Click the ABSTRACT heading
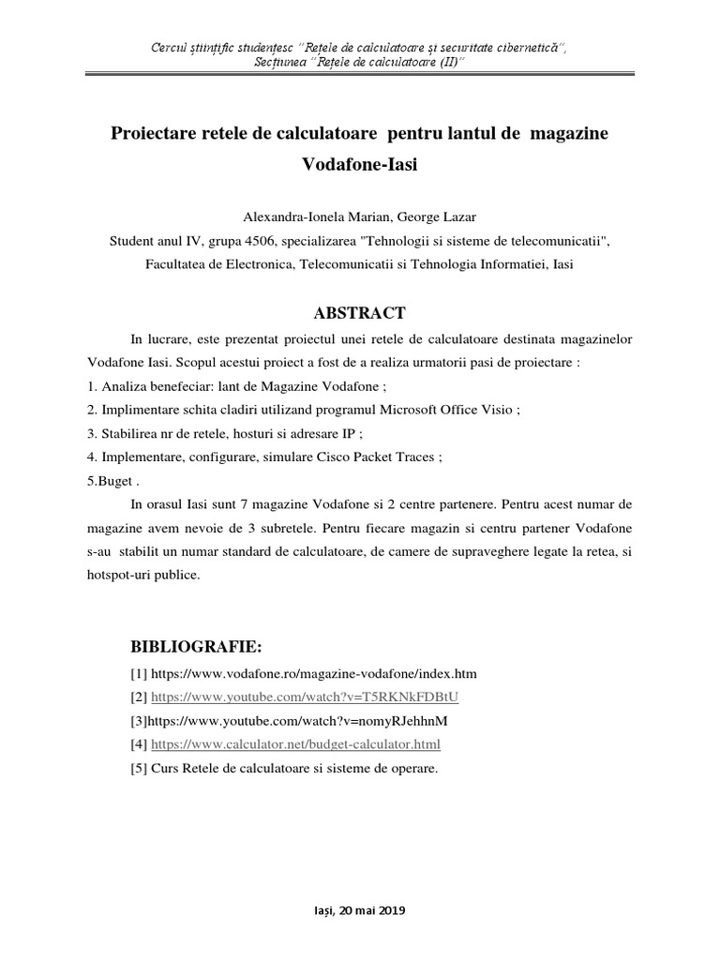pos(359,313)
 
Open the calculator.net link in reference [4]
pos(295,744)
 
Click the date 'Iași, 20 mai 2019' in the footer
pos(359,910)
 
